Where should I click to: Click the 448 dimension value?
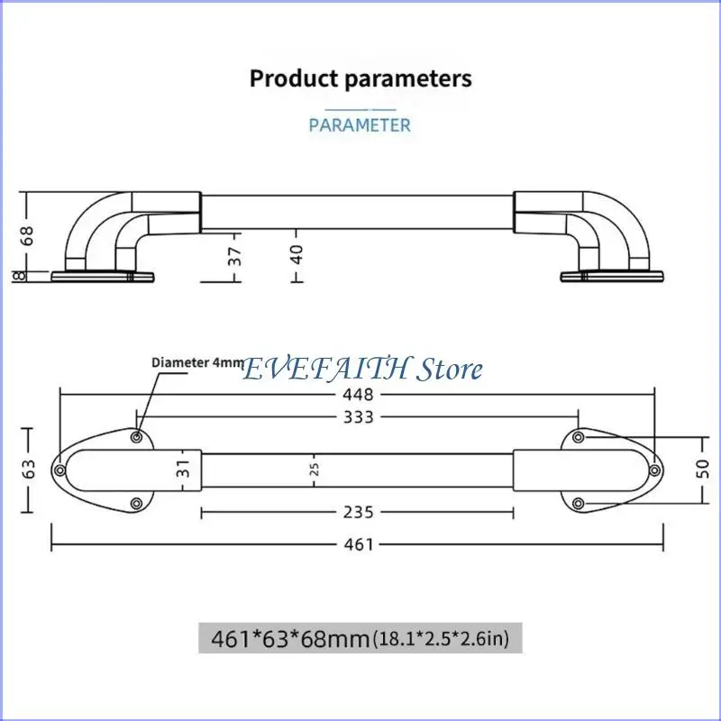[x=358, y=395]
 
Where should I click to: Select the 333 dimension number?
[x=359, y=417]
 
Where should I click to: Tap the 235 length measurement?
[x=358, y=512]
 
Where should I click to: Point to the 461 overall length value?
[x=359, y=544]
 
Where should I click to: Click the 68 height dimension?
[x=28, y=235]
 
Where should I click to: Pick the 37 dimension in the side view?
[x=234, y=256]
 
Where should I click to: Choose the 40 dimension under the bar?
[x=297, y=254]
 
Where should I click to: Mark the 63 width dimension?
[x=28, y=469]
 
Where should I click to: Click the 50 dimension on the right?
[x=703, y=469]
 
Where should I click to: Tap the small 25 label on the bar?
[x=315, y=469]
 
